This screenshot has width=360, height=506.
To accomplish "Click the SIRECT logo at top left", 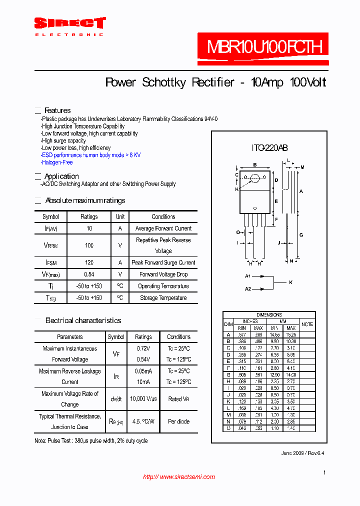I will pyautogui.click(x=69, y=23).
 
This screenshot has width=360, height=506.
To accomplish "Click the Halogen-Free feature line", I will pyautogui.click(x=57, y=162).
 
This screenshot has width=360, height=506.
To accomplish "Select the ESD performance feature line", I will pyautogui.click(x=90, y=155).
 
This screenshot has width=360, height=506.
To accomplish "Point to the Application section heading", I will pyautogui.click(x=61, y=176).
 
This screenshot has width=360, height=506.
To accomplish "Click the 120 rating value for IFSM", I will pyautogui.click(x=89, y=262).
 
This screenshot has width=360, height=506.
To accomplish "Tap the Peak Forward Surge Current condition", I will pyautogui.click(x=163, y=262).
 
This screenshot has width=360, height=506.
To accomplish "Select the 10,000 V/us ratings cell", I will pyautogui.click(x=143, y=399).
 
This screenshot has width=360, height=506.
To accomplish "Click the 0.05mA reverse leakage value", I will pyautogui.click(x=143, y=371).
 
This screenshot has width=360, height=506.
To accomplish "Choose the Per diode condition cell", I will pyautogui.click(x=178, y=421).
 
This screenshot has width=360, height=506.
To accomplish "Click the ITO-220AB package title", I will pyautogui.click(x=269, y=148).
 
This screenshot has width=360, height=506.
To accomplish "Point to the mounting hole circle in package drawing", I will pyautogui.click(x=254, y=177).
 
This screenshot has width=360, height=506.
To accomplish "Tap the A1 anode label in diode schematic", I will pyautogui.click(x=248, y=276).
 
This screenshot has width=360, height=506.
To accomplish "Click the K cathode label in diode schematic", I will pyautogui.click(x=290, y=282).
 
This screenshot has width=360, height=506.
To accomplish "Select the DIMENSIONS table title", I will pyautogui.click(x=269, y=315).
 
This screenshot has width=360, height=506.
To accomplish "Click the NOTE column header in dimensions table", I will pyautogui.click(x=307, y=324).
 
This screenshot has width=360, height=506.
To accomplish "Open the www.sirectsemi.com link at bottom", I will pyautogui.click(x=179, y=477).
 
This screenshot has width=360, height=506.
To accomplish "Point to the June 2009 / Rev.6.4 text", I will pyautogui.click(x=303, y=453).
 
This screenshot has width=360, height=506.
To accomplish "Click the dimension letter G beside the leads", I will pyautogui.click(x=301, y=234).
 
